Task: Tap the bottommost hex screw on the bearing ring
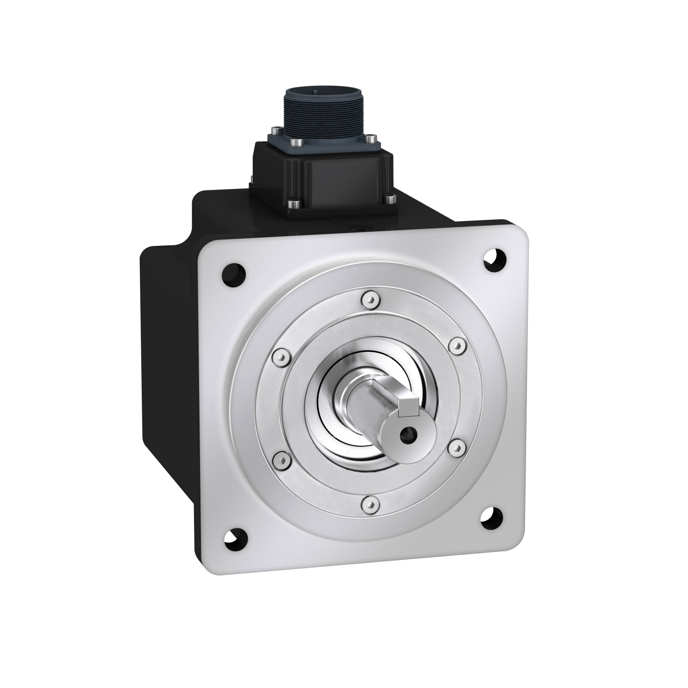pos(371,505)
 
